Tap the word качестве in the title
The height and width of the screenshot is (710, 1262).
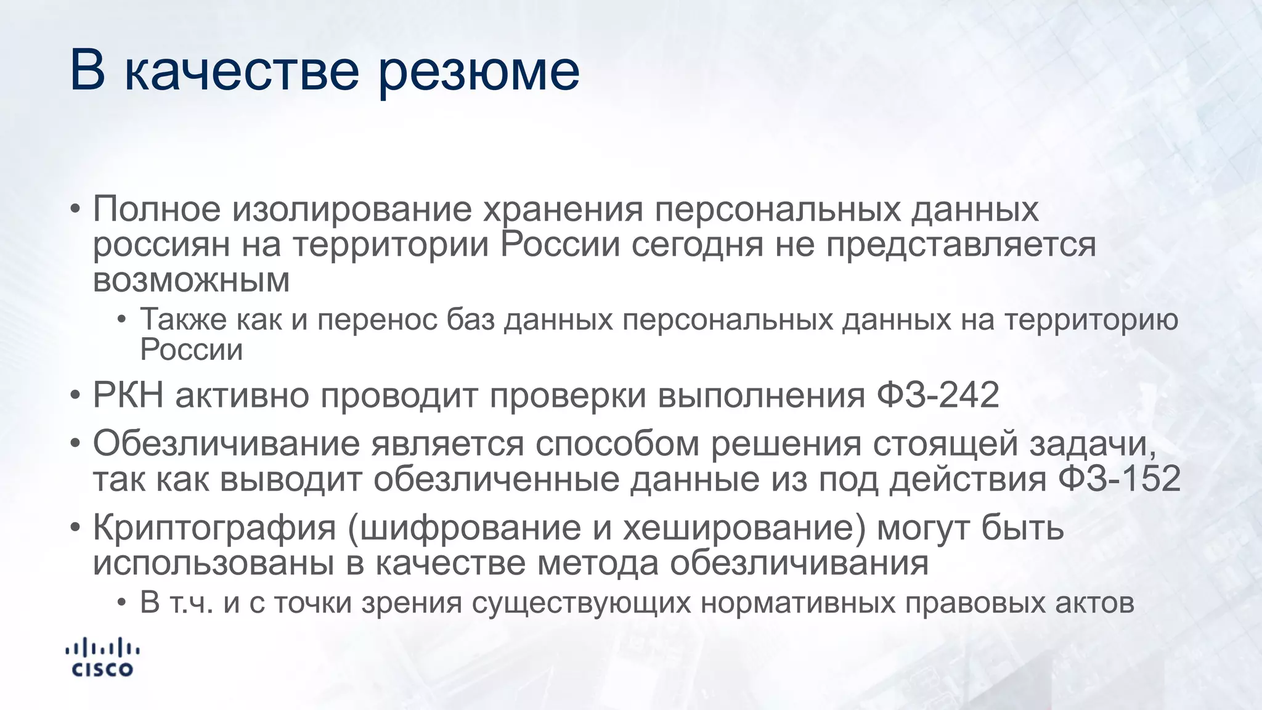click(242, 70)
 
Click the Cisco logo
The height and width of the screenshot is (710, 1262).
click(102, 658)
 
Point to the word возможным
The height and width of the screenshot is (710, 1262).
click(191, 281)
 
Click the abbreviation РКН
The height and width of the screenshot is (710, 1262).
click(128, 394)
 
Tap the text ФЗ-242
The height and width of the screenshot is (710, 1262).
click(937, 394)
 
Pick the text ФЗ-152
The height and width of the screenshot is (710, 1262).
click(1119, 479)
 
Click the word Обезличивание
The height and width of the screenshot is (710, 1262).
click(226, 444)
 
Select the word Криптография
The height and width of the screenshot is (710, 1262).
click(214, 529)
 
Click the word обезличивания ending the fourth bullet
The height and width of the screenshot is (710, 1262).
click(799, 563)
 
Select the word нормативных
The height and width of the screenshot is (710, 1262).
click(797, 603)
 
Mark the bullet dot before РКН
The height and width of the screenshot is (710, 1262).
click(75, 395)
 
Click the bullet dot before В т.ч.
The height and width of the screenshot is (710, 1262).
click(122, 603)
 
